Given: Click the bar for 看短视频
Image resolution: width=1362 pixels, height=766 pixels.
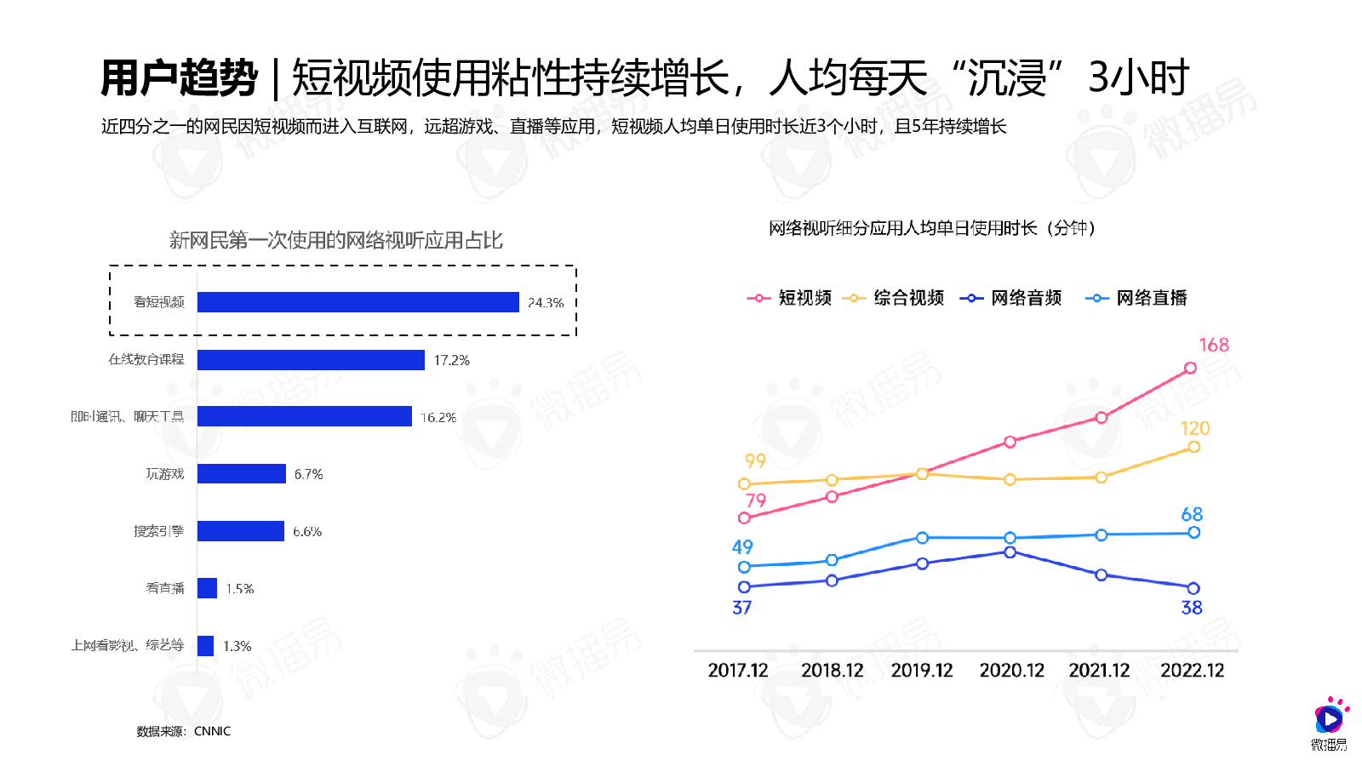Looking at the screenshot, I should pos(358,302).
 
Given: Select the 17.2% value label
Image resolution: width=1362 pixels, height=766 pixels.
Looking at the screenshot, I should pos(451,360).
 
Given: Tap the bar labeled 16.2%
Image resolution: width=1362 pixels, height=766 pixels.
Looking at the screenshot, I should pos(304,416).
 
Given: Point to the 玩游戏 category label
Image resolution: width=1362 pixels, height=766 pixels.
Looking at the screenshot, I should pos(164,474).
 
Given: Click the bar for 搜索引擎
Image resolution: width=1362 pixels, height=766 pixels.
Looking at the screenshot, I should pos(240,531).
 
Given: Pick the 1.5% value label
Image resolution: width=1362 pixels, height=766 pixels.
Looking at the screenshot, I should pos(240,589).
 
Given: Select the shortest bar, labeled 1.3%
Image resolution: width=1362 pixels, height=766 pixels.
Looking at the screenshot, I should pos(205,646).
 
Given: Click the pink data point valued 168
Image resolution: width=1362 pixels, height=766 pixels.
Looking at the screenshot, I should pos(1190,368).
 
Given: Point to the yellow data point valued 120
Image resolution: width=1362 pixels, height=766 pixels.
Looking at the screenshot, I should pos(1193,447).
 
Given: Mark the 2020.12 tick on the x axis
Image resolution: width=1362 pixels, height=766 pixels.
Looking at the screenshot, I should pos(1011,671).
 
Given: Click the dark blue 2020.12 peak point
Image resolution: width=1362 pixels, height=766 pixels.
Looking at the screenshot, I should pos(1010,552).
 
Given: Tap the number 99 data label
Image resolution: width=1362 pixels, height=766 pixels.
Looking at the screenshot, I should pos(755,460).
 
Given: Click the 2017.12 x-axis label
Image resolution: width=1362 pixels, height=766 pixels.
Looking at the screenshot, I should pos(738,671).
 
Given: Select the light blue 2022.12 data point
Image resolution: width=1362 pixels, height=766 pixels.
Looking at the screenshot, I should pos(1193,533).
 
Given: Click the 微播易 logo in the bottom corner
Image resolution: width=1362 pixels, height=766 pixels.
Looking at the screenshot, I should pos(1329,723).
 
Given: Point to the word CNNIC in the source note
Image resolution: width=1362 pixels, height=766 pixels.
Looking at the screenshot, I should pos(212,731).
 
